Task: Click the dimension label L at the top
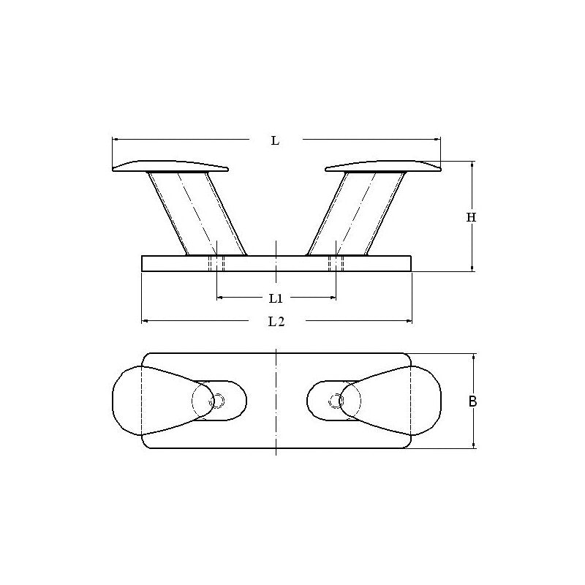coord(275,140)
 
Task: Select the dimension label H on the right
coord(472,217)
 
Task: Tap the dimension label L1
coord(275,298)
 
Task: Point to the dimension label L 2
coord(275,321)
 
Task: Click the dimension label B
coord(473,401)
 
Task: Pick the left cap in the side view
coord(170,166)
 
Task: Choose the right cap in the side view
coord(383,166)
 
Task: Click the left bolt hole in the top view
coord(217,400)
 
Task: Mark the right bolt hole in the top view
coord(336,400)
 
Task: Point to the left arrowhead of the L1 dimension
coord(220,298)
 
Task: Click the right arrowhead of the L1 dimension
coord(333,298)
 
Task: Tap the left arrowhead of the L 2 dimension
coord(144,320)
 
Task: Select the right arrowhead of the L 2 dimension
coord(409,320)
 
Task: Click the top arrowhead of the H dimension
coord(472,165)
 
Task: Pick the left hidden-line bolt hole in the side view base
coord(216,264)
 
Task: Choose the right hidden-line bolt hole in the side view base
coord(336,264)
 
